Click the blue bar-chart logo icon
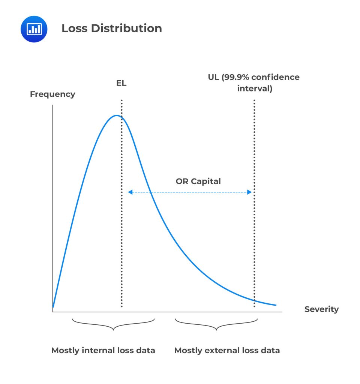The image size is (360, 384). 34,29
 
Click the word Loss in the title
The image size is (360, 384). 74,28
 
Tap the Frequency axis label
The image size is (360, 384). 52,94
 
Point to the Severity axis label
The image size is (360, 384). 321,309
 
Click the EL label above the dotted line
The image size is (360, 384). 121,83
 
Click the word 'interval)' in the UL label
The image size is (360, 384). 255,89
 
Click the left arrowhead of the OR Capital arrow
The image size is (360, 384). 130,192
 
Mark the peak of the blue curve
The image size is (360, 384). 116,115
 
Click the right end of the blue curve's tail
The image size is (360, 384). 276,305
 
